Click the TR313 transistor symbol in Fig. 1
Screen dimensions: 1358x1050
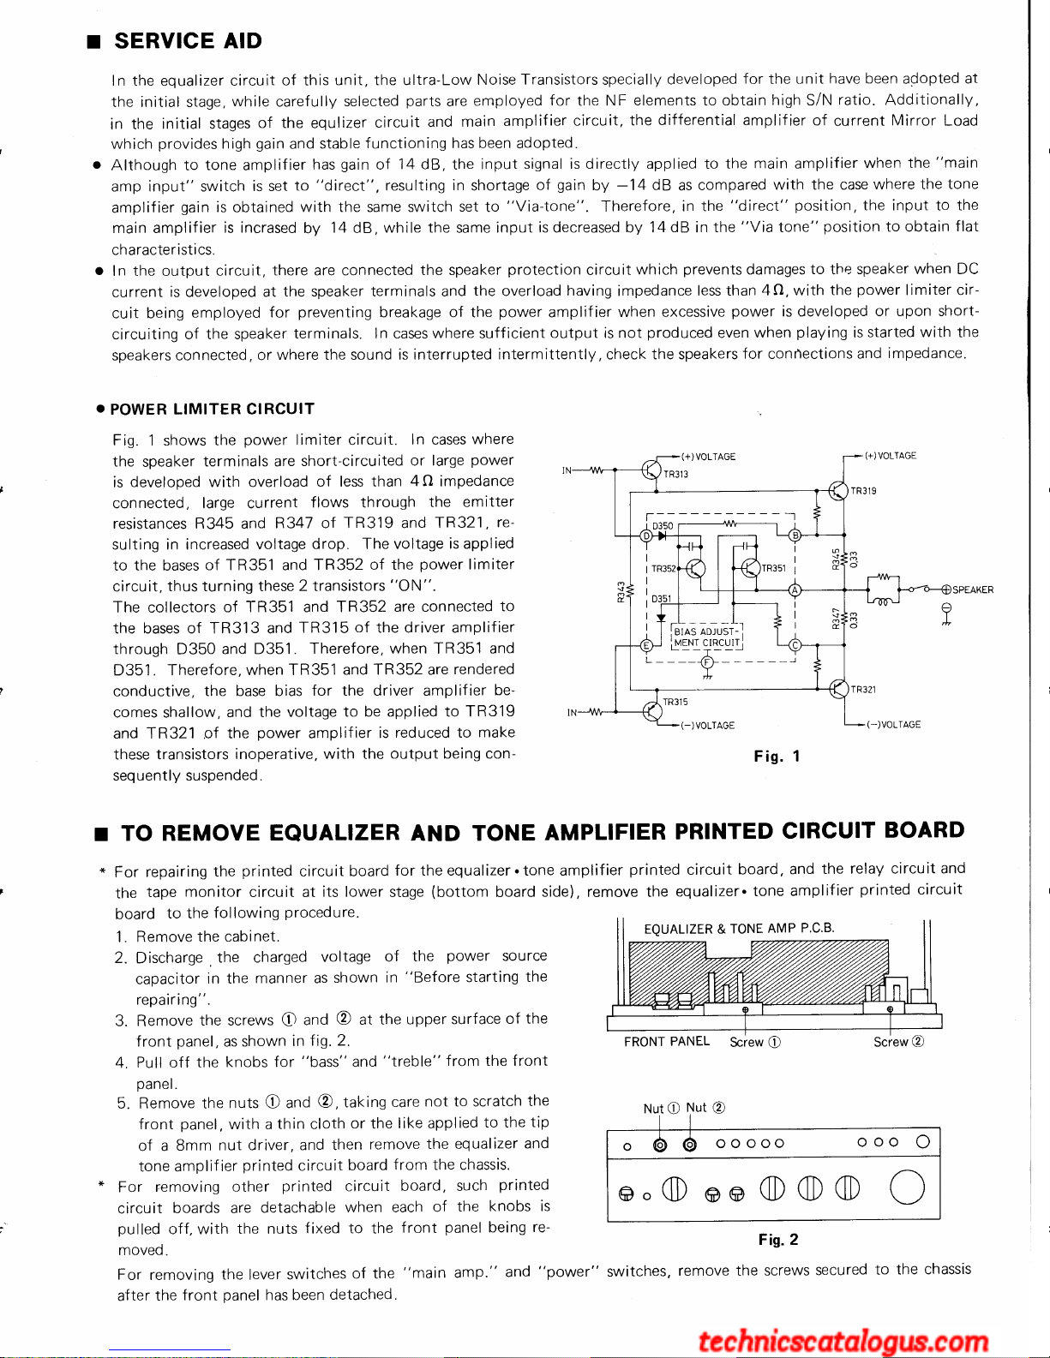(x=651, y=470)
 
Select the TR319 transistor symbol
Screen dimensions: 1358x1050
(x=838, y=491)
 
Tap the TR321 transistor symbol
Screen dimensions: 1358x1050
(x=838, y=688)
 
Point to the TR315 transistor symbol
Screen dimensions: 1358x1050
(x=651, y=710)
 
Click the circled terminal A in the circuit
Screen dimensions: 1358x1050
(x=795, y=589)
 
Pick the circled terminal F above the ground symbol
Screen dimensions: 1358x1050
(x=706, y=662)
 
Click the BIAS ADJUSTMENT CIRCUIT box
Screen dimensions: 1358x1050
(x=706, y=637)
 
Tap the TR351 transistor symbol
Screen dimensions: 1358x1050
(x=750, y=567)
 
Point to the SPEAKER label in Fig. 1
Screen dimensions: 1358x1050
(x=972, y=589)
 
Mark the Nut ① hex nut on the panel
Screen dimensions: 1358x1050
(x=660, y=1144)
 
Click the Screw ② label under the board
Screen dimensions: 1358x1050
(x=898, y=1042)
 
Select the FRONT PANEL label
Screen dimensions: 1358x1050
(x=667, y=1041)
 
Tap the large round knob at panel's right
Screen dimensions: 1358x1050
(x=907, y=1188)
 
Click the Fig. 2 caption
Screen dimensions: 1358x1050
(x=777, y=1239)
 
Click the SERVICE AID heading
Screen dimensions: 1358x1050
(x=188, y=41)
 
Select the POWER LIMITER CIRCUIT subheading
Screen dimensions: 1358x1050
(x=212, y=409)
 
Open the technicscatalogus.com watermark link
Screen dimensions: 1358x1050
(x=843, y=1341)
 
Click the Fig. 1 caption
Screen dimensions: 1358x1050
(x=777, y=756)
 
